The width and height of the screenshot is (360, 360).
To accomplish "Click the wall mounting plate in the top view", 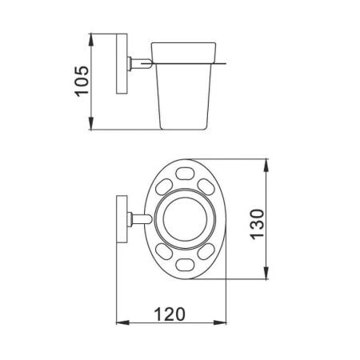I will [x=122, y=219].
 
